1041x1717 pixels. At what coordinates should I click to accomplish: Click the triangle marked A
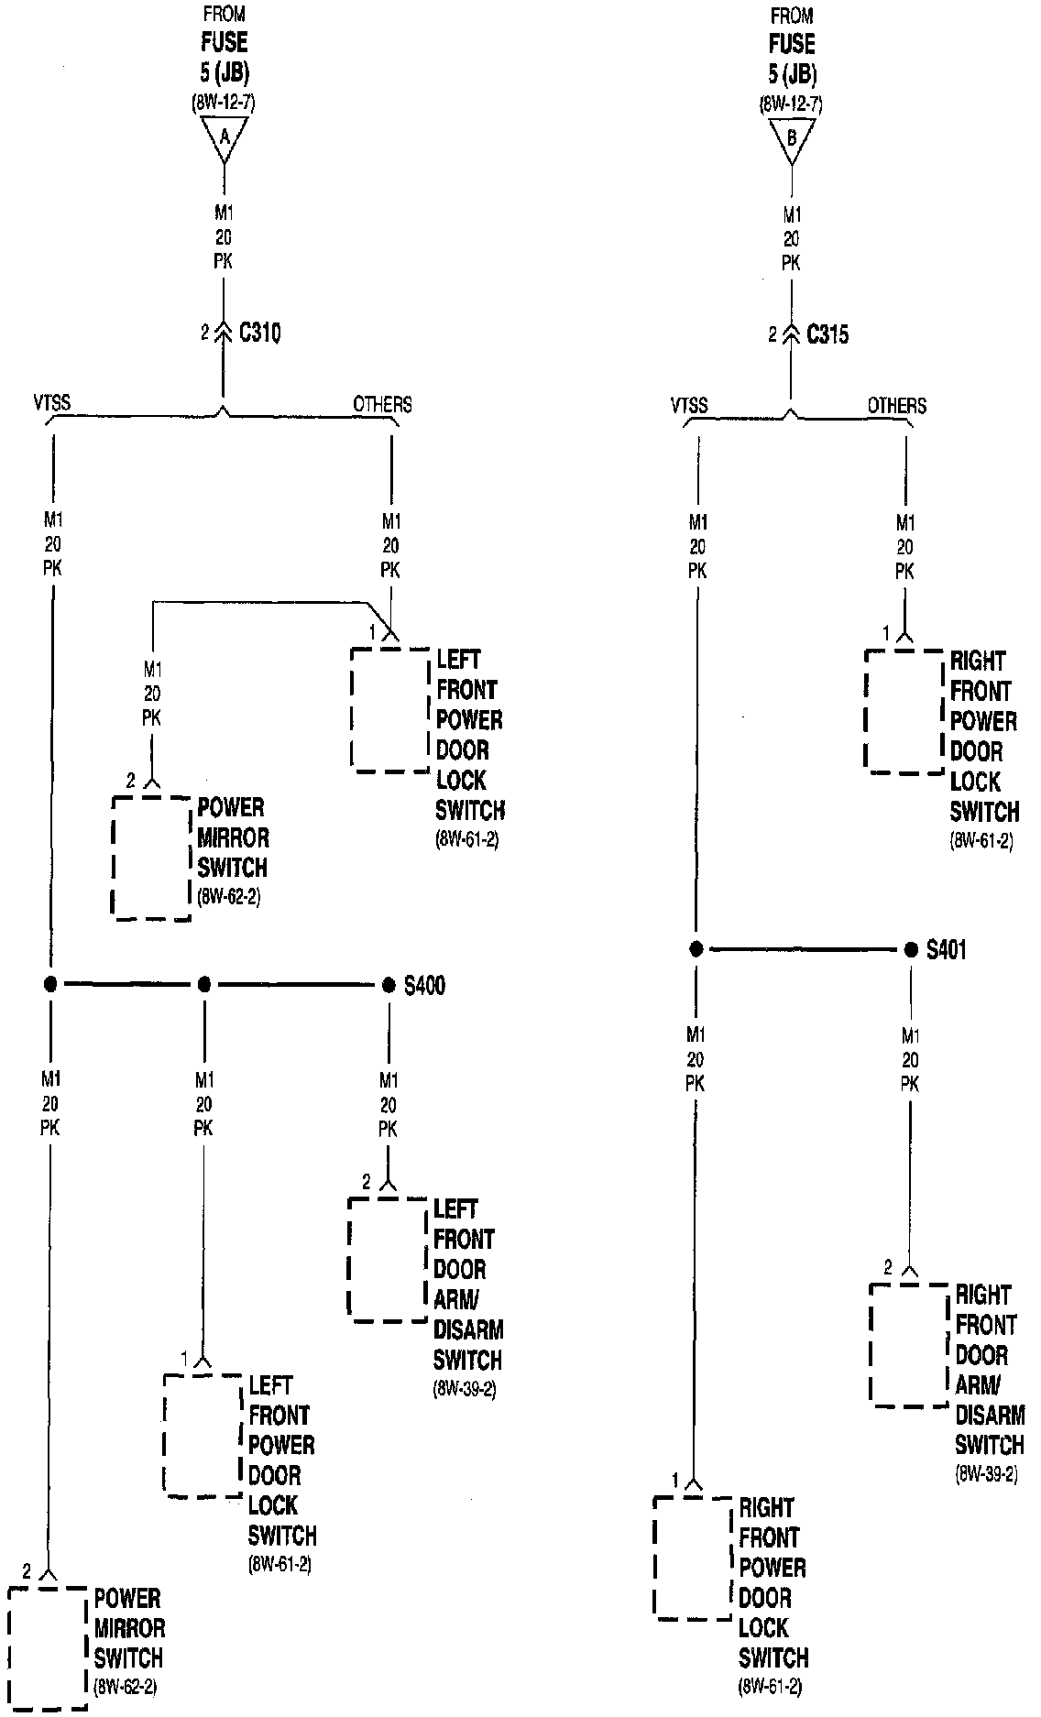[x=224, y=138]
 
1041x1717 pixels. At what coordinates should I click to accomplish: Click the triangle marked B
[x=792, y=140]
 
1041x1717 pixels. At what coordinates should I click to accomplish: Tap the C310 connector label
[x=259, y=333]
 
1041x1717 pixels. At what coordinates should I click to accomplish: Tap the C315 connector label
[x=827, y=334]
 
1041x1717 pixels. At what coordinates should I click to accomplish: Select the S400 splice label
[x=425, y=986]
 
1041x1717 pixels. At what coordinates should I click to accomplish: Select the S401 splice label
[x=946, y=950]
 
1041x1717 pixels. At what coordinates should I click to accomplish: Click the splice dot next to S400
[x=389, y=985]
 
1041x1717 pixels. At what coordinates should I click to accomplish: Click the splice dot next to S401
[x=911, y=950]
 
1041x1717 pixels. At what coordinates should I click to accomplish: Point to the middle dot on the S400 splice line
[x=204, y=985]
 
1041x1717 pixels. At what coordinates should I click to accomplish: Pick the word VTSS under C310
[x=51, y=403]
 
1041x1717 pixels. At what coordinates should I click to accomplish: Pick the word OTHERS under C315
[x=896, y=405]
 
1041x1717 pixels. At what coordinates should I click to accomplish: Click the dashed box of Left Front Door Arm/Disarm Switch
[x=389, y=1259]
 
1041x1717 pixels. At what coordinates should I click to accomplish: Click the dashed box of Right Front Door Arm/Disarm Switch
[x=908, y=1344]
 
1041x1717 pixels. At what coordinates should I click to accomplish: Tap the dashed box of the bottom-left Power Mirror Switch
[x=48, y=1647]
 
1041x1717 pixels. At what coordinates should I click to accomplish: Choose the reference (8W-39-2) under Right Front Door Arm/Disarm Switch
[x=986, y=1475]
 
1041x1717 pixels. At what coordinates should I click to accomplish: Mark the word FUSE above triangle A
[x=225, y=42]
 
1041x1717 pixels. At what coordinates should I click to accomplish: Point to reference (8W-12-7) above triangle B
[x=792, y=104]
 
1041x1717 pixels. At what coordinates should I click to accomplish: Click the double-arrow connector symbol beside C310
[x=223, y=333]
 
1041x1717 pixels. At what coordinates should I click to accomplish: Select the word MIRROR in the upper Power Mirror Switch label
[x=234, y=837]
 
